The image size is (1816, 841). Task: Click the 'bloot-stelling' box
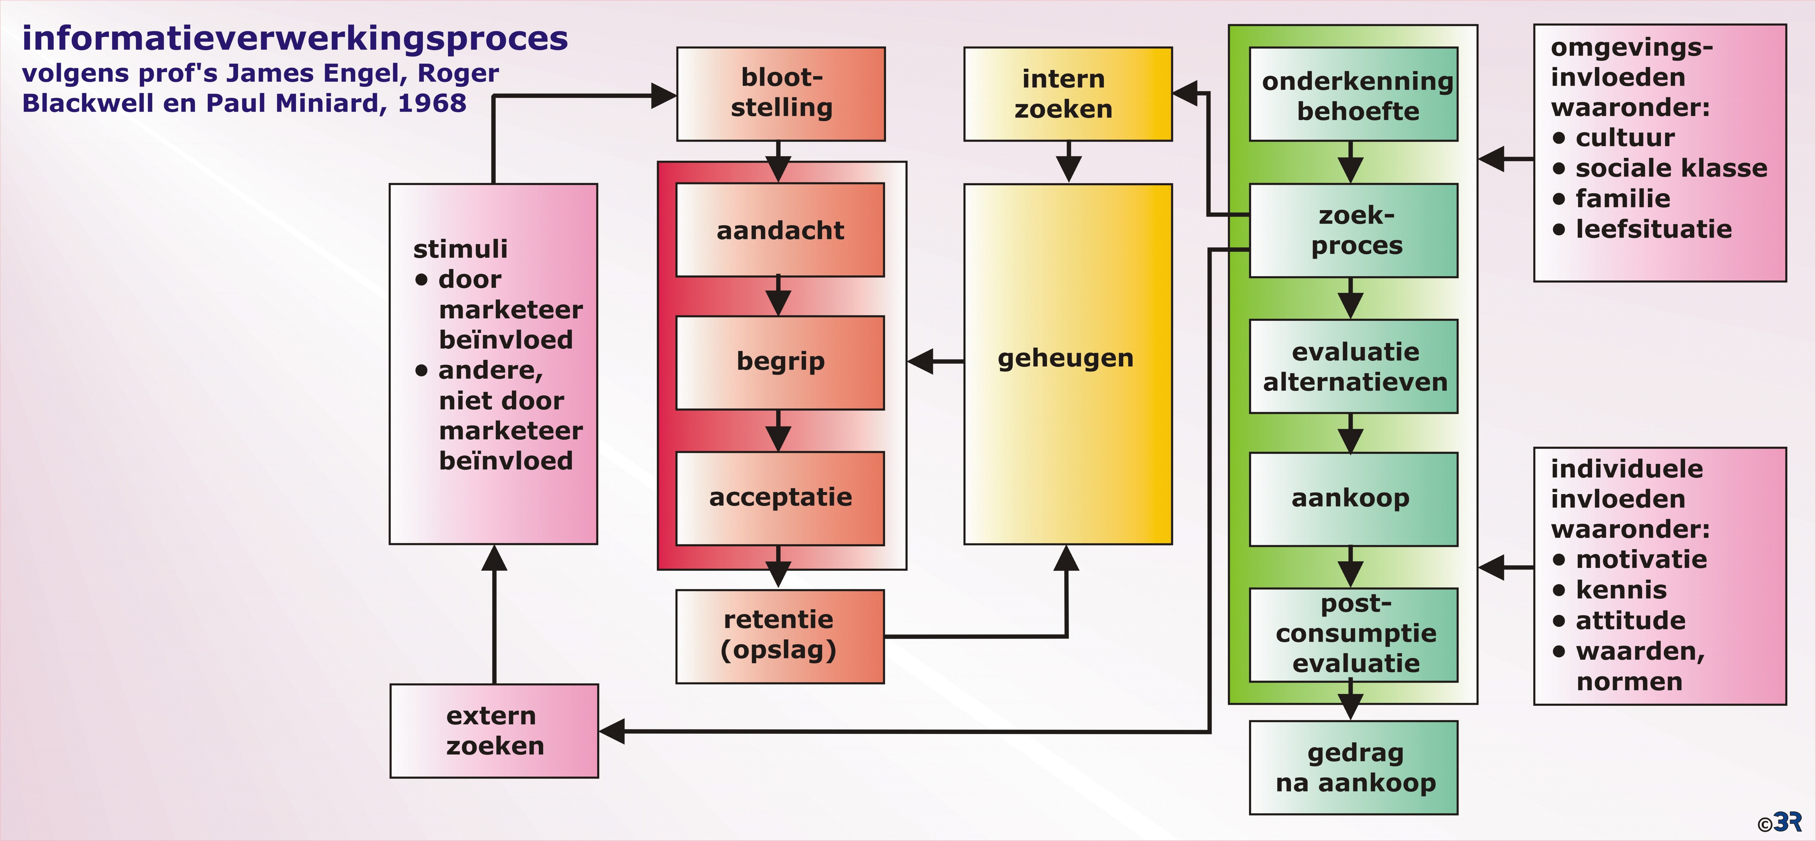781,94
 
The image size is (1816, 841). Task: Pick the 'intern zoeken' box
1068,94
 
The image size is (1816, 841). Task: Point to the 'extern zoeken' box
494,731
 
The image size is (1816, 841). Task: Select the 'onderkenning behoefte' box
1353,94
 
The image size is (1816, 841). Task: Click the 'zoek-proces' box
1353,231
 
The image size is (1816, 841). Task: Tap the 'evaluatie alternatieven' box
1353,367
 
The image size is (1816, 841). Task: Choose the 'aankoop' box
1353,499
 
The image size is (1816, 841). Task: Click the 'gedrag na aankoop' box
1353,768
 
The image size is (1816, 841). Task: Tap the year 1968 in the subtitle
431,103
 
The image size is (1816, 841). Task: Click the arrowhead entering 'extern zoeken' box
612,731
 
